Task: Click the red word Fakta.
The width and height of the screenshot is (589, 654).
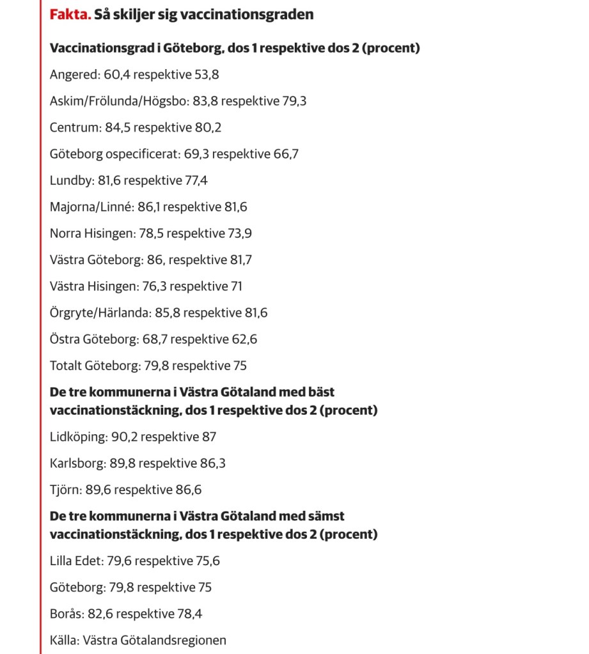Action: pos(70,14)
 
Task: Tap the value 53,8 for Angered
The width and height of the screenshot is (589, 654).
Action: pos(206,74)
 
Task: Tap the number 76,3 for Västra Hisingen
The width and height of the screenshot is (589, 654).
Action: pos(153,286)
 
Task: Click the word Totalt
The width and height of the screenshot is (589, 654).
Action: pos(66,366)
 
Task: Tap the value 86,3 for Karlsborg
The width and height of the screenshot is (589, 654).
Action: pos(212,463)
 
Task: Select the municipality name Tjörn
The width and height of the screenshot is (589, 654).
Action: pos(65,490)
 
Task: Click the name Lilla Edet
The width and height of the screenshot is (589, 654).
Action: pos(75,561)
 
